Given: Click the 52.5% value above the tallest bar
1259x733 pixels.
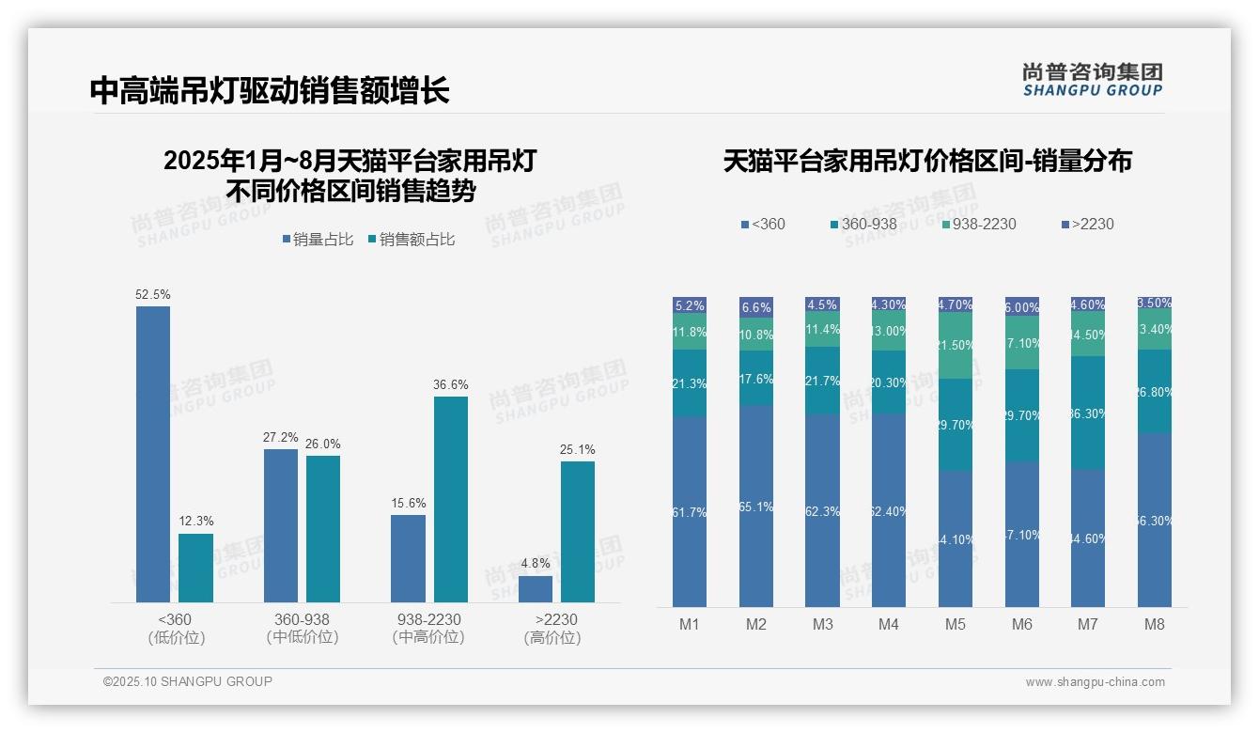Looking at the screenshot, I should tap(153, 294).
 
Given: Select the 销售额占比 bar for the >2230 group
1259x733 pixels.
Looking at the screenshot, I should tap(578, 531).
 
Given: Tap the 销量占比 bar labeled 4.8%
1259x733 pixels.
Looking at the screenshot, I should tap(536, 589).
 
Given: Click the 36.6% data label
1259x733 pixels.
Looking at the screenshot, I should tap(451, 384).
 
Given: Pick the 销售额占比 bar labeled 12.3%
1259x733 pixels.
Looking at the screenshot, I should tap(196, 568).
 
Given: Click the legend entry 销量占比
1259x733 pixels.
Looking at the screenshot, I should tap(318, 240).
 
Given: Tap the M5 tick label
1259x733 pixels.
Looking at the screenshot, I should tap(956, 624).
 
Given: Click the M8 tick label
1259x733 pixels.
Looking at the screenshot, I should tap(1155, 624).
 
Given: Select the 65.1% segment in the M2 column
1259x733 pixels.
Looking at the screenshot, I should tap(756, 506).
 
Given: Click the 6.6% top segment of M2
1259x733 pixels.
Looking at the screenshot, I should tap(756, 307).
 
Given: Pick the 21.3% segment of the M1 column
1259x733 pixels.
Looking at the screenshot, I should tap(690, 383).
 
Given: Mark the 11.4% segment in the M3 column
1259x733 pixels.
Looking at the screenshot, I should tap(822, 329).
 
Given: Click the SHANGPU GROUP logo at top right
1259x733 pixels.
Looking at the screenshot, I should tap(1093, 79).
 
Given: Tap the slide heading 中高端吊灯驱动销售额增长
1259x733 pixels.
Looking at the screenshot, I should tap(270, 90).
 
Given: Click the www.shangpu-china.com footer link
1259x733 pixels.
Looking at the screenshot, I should tap(1095, 682).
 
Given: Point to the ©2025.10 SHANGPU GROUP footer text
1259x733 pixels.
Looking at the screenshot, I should tap(188, 681).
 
